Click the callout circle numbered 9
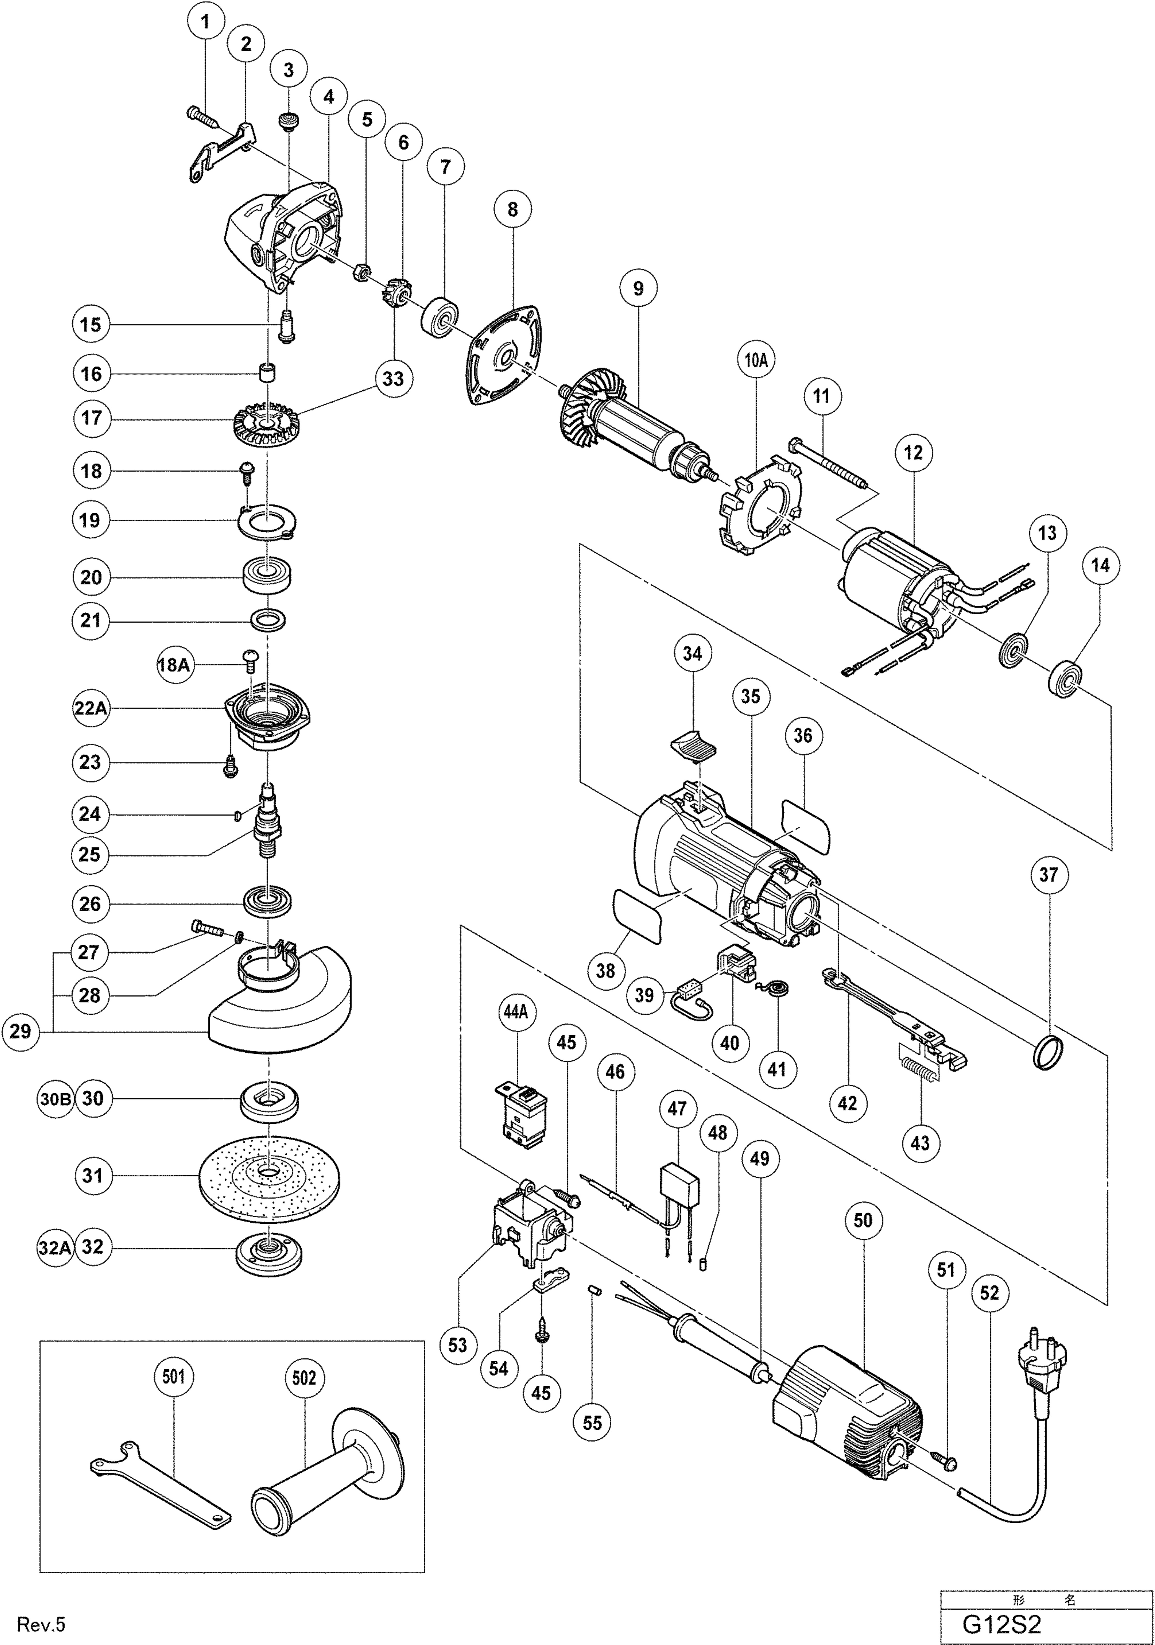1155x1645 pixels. [x=638, y=289]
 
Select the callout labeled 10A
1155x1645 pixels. [x=756, y=360]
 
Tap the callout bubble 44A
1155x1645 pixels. [x=515, y=1012]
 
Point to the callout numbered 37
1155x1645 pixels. [x=1048, y=875]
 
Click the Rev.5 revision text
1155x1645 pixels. [x=41, y=1624]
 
